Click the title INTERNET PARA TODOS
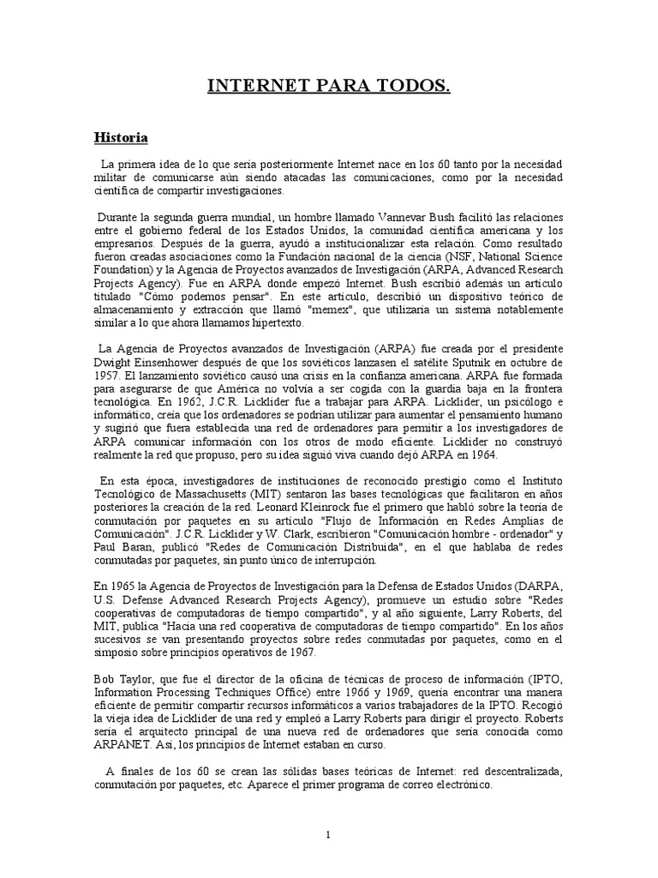(329, 87)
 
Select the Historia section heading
(120, 137)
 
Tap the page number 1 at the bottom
(328, 834)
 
